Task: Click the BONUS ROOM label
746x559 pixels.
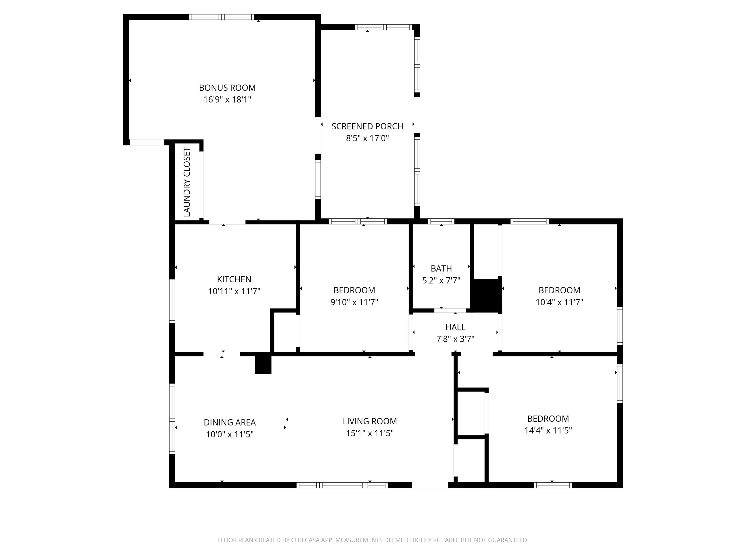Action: pos(227,88)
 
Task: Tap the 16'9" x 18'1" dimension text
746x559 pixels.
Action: pos(227,100)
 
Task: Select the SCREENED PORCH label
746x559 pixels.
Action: pos(367,126)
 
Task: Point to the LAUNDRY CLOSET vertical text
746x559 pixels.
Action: pos(187,182)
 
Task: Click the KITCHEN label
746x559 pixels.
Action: pos(234,279)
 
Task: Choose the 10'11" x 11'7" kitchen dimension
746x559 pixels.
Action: pos(234,291)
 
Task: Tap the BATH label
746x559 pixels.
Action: pos(441,269)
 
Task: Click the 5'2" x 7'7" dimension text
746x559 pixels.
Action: pos(441,280)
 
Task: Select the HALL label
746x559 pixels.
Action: pos(455,327)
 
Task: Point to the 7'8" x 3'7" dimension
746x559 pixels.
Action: pos(455,339)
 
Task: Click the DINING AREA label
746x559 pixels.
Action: pos(230,423)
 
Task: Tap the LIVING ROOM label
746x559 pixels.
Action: pos(370,421)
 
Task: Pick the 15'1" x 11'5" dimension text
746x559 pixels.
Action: pos(370,433)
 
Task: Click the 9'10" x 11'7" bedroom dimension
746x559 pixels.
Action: pos(354,302)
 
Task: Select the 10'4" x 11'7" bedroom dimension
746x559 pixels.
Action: pos(559,302)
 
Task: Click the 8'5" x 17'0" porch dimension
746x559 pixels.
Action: pos(367,138)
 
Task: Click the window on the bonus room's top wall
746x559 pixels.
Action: pos(221,17)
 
